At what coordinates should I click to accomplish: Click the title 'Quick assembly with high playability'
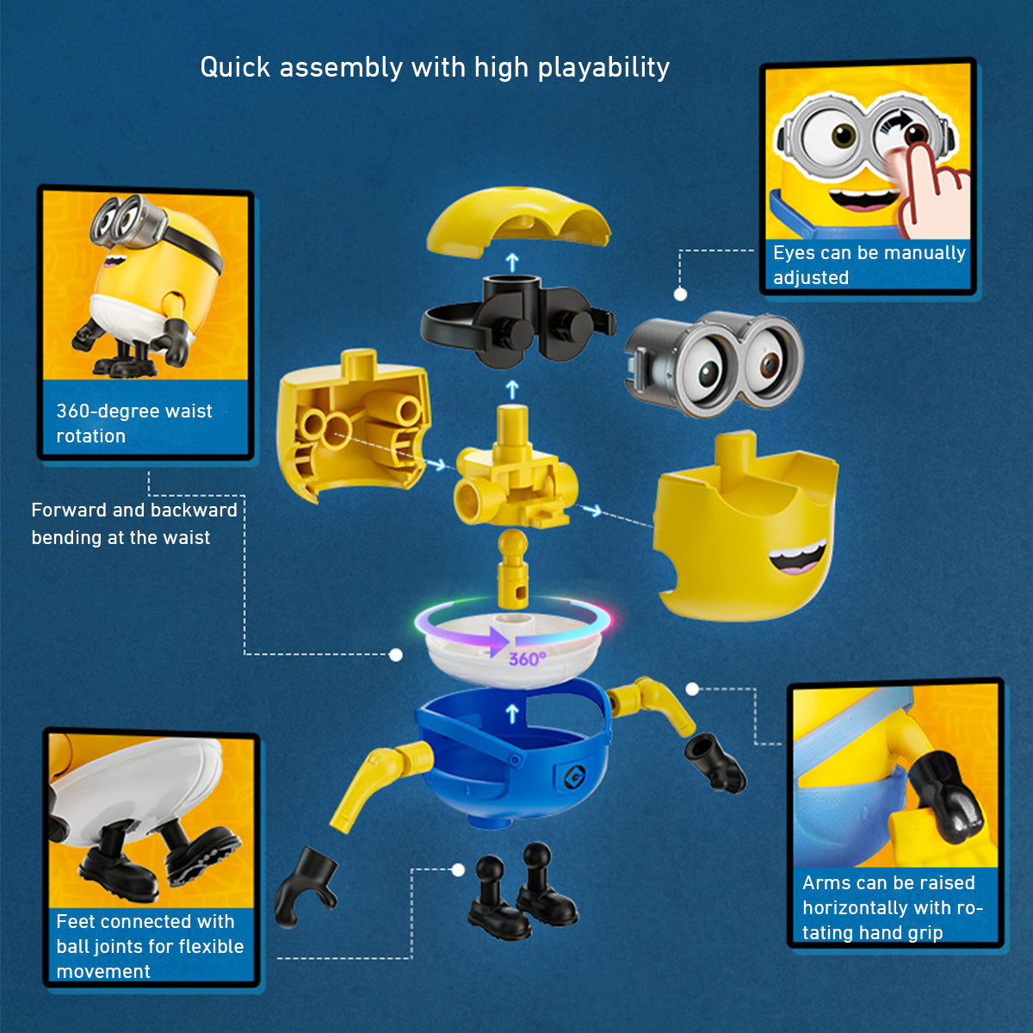tap(435, 67)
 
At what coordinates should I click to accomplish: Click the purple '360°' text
tap(527, 659)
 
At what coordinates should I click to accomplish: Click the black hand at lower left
tap(301, 887)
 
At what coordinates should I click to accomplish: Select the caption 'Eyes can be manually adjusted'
tap(868, 265)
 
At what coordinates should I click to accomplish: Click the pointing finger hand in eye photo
tap(930, 185)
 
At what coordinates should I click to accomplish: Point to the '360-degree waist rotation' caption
tap(133, 423)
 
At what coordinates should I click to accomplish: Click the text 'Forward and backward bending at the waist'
tap(133, 523)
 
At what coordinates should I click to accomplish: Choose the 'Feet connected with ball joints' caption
tap(150, 945)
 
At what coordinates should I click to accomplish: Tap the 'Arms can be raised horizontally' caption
tap(892, 907)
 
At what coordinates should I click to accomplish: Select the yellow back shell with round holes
tap(353, 426)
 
